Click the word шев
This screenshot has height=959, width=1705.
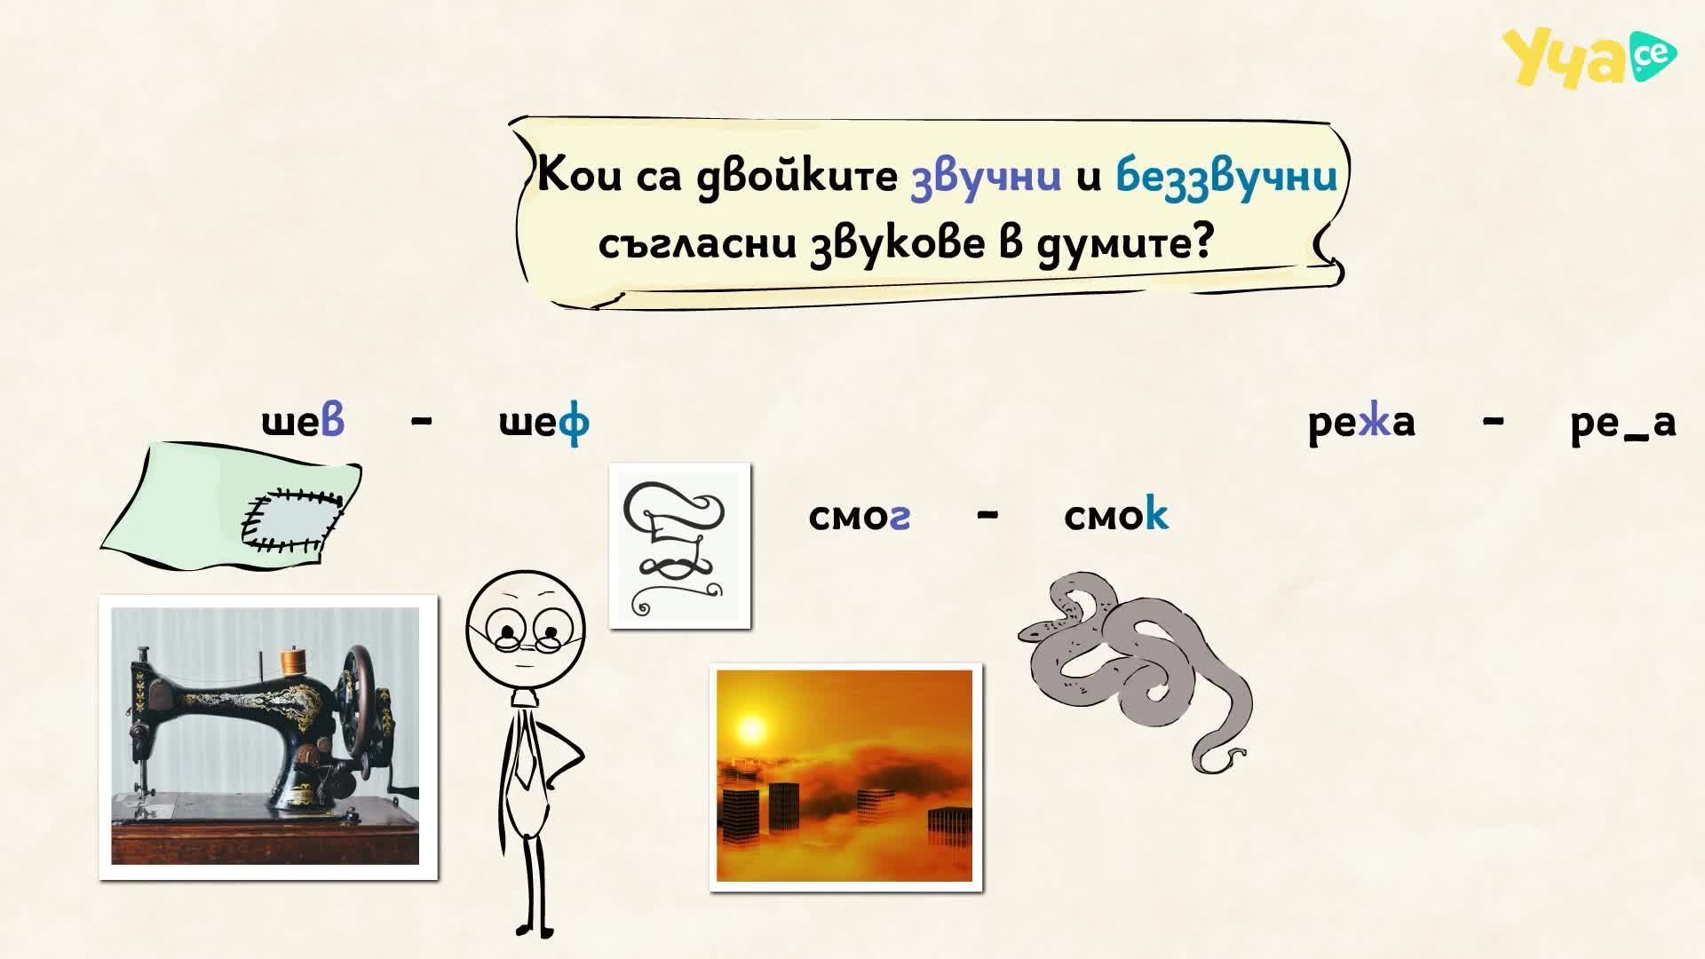[303, 422]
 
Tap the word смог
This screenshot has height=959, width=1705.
[859, 516]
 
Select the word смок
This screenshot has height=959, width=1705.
[1116, 514]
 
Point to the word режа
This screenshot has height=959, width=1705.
[1361, 423]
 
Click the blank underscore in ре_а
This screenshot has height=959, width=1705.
[1638, 437]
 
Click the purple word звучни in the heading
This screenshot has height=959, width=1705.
[986, 175]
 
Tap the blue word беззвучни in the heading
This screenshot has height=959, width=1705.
[1226, 175]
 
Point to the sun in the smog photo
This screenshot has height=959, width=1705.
[751, 730]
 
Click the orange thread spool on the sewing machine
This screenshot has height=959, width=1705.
[292, 662]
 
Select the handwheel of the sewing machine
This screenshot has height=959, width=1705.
[359, 688]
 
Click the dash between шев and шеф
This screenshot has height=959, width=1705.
[423, 423]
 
